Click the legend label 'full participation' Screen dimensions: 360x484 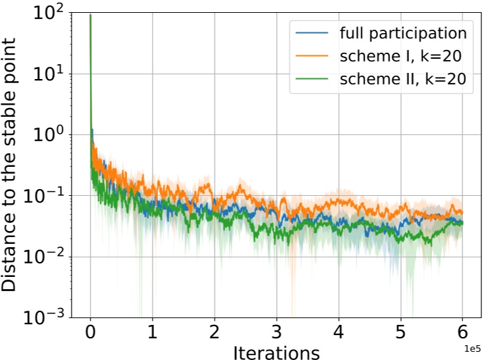point(404,32)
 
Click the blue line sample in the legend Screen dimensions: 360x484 point(311,32)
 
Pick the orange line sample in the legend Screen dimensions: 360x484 point(311,55)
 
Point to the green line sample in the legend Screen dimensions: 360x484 point(311,78)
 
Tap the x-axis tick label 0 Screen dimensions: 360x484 point(90,333)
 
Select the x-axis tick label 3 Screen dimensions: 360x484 point(276,333)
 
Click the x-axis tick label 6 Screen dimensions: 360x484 point(462,333)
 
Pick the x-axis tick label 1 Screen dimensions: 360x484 point(153,333)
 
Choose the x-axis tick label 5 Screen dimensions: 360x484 point(400,333)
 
